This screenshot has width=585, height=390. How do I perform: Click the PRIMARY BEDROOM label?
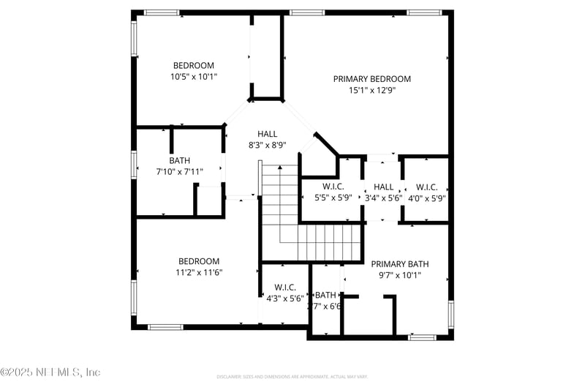[x=371, y=79]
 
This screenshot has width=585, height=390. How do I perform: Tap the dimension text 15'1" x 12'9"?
[x=371, y=91]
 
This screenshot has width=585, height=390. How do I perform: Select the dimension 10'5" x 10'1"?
[x=194, y=76]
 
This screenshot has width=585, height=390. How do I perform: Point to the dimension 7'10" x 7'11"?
[x=179, y=172]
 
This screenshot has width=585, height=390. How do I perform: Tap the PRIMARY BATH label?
[x=399, y=264]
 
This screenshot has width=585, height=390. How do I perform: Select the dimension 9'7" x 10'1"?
[x=399, y=276]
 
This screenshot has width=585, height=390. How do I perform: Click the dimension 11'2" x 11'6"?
[x=199, y=272]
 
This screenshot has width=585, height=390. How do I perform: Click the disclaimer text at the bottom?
[x=292, y=377]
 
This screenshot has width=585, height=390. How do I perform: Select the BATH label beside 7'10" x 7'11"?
[x=179, y=160]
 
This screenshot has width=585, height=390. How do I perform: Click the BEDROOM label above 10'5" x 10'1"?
[x=194, y=65]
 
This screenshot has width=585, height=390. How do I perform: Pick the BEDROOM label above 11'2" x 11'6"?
[x=199, y=261]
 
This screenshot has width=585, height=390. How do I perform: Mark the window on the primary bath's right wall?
[x=450, y=313]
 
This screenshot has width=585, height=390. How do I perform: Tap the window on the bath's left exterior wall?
[x=134, y=164]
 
